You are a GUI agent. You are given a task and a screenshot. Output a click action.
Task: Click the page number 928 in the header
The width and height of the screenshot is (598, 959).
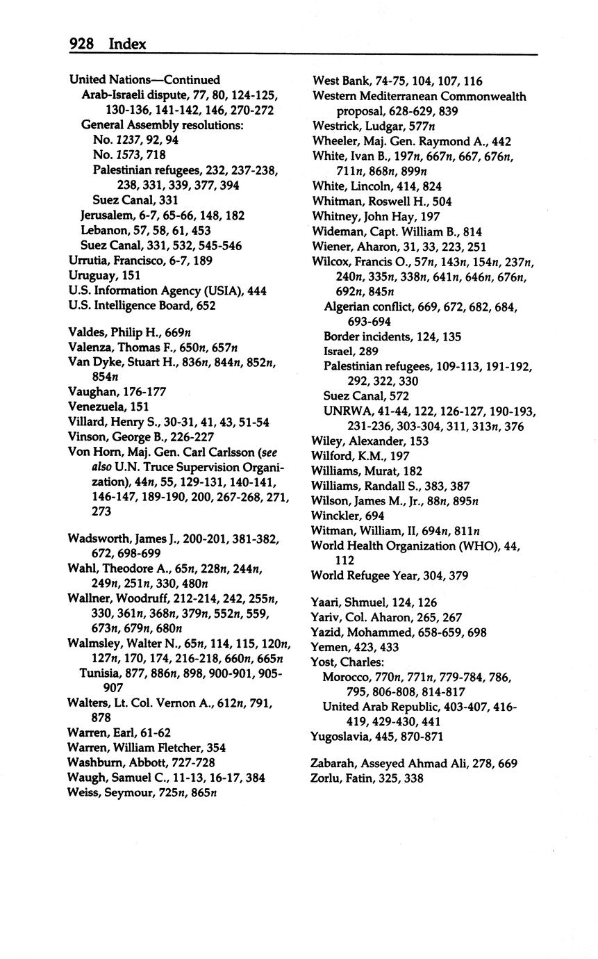coord(81,44)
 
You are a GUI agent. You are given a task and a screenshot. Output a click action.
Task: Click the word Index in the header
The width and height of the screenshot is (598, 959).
coord(127,44)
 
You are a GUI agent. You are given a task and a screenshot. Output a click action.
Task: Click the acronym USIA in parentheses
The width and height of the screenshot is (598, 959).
coord(222,291)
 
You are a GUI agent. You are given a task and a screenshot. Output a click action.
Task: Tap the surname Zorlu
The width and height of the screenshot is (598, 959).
coord(326,778)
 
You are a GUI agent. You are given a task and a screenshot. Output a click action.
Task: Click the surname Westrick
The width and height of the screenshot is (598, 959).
coord(337,126)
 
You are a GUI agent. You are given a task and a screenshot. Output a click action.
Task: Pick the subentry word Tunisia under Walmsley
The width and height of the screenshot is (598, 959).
coord(101,673)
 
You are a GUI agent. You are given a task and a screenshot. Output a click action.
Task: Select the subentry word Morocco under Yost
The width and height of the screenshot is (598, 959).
coord(346,677)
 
